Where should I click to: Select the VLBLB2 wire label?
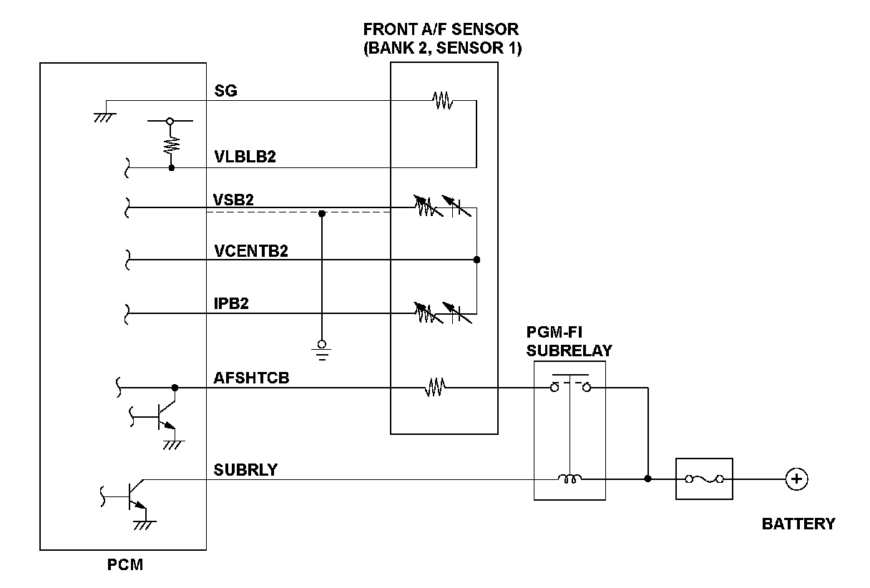tap(245, 157)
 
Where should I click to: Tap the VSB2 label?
tap(234, 200)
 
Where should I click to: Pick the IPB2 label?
tap(230, 303)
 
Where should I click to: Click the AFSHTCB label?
tap(251, 378)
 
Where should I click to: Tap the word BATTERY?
tap(798, 524)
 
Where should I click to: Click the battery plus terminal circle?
tap(795, 479)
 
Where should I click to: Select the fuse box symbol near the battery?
tap(705, 479)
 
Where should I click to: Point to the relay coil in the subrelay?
tap(570, 479)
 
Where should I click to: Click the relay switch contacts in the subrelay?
tap(570, 387)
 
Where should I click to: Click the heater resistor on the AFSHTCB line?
tap(435, 388)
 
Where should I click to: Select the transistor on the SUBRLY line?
tap(134, 494)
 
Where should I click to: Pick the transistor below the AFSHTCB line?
tap(164, 415)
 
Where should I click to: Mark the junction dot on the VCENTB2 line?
tap(476, 260)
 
